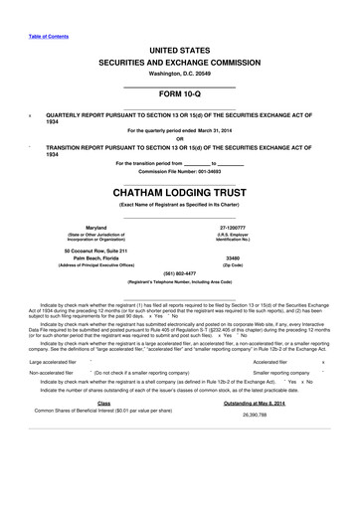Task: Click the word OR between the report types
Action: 180,137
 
